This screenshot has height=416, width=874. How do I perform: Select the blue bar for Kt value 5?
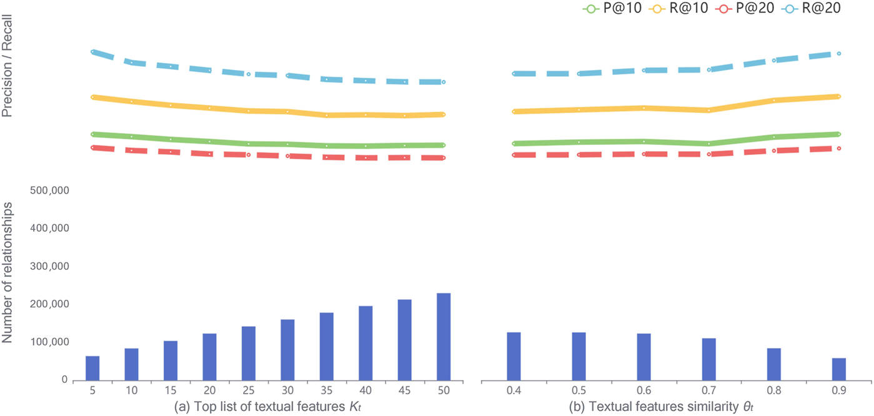[x=92, y=368]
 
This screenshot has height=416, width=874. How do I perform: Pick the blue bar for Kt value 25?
[x=249, y=353]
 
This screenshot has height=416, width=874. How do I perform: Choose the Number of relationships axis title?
[x=8, y=267]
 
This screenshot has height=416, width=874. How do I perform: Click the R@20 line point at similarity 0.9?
[x=839, y=54]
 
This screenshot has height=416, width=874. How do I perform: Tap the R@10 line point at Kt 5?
[x=92, y=97]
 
